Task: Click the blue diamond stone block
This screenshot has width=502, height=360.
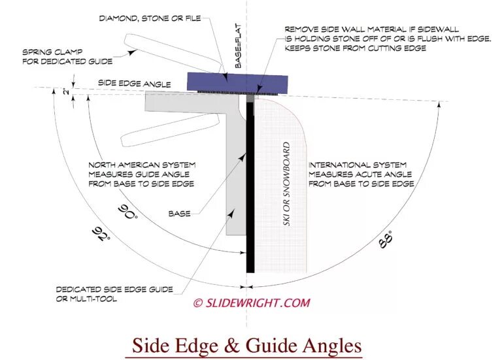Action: click(x=238, y=82)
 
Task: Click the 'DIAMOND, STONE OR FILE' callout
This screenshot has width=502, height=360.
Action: click(x=149, y=18)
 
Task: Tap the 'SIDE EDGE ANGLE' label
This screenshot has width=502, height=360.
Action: click(x=135, y=84)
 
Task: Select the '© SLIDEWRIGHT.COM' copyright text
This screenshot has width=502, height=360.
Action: click(x=251, y=303)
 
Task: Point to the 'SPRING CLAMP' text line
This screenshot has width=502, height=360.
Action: click(x=52, y=52)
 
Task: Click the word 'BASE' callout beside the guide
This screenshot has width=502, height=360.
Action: click(x=179, y=213)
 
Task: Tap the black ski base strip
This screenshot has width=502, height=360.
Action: click(x=250, y=196)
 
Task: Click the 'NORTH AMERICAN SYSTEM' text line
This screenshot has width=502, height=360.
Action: click(x=141, y=165)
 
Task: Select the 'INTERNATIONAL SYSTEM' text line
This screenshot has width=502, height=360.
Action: click(x=358, y=165)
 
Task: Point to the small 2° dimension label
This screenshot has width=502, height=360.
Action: click(x=66, y=93)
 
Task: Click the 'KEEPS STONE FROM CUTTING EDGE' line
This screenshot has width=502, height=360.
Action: click(x=355, y=48)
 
